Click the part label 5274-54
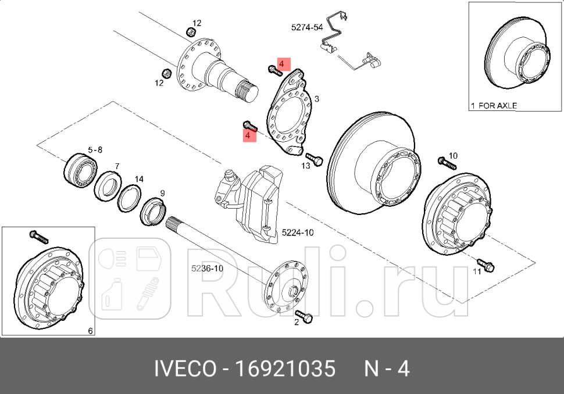[x=307, y=27]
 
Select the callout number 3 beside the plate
[x=316, y=99]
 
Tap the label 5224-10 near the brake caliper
[x=298, y=232]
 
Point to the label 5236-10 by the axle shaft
[x=207, y=268]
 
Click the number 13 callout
[x=306, y=166]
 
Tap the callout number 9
[x=162, y=193]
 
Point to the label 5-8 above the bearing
[x=95, y=150]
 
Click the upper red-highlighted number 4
[x=281, y=63]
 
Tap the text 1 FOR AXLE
[x=494, y=106]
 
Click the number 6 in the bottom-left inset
[x=90, y=331]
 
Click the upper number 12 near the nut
[x=197, y=23]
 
